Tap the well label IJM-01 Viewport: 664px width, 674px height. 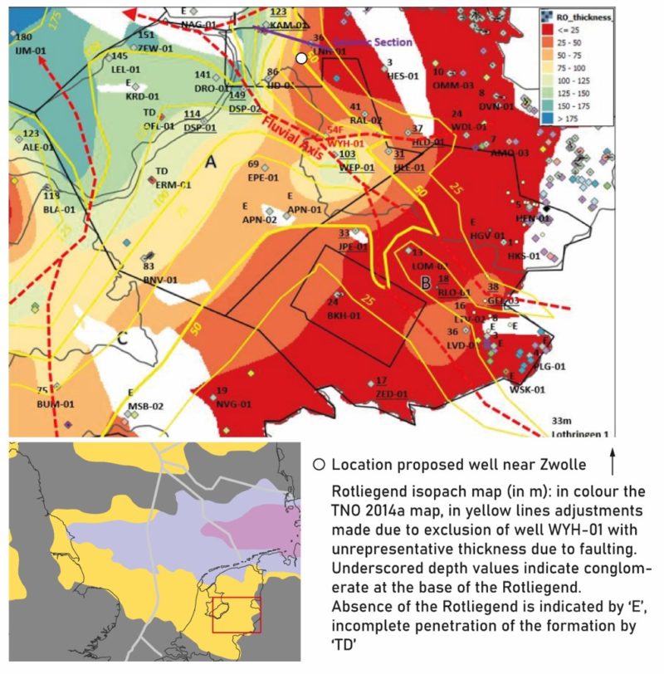point(29,52)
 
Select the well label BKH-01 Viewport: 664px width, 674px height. point(342,315)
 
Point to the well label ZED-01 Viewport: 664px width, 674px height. point(391,394)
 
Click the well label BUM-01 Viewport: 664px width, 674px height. point(56,404)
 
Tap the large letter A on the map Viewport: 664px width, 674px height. point(211,164)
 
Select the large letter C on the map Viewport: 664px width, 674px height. point(122,338)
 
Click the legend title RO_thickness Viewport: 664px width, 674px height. point(581,17)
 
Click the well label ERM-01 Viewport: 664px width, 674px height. point(173,184)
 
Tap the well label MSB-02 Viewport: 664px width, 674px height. point(145,406)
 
